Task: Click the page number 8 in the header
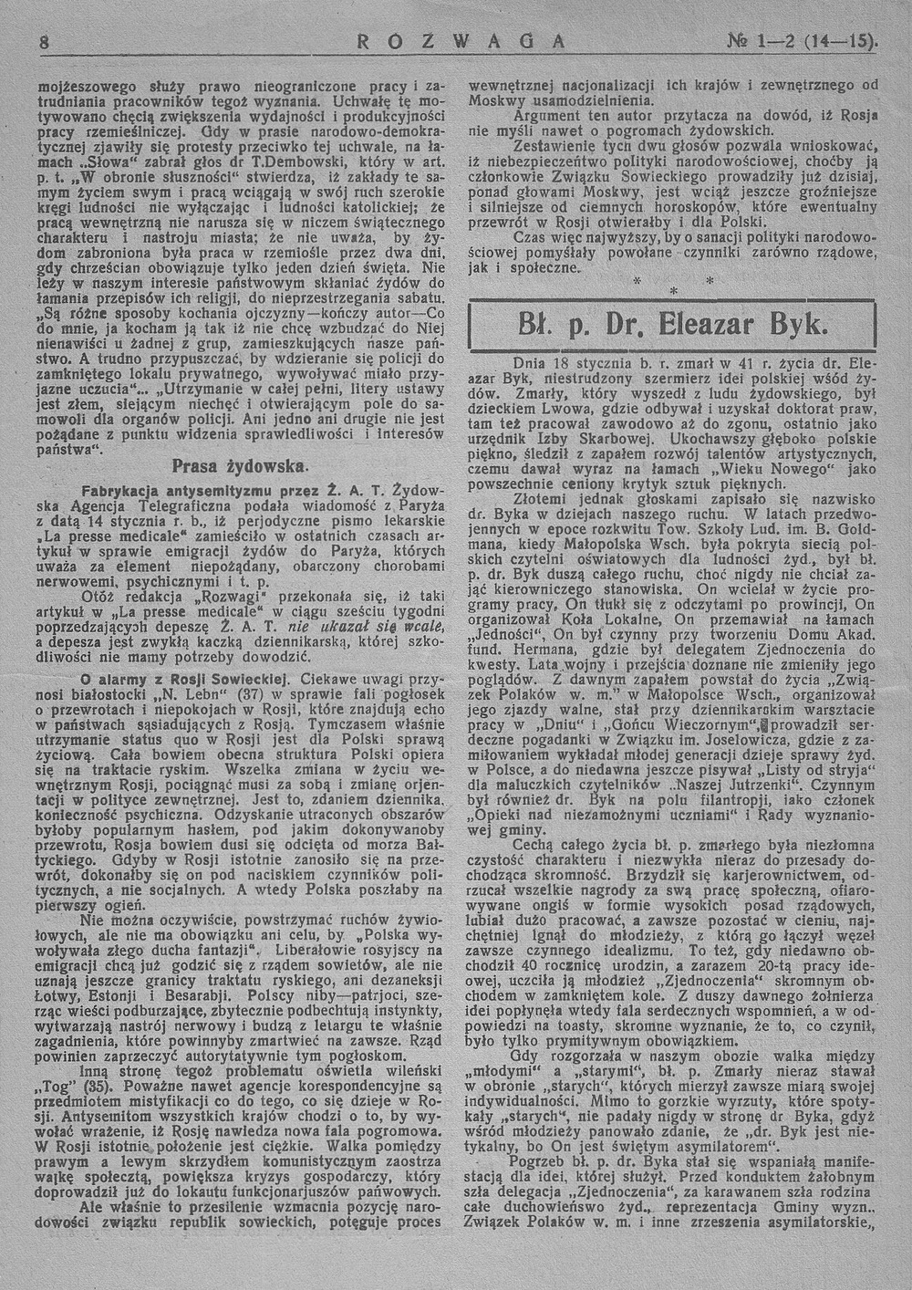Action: pyautogui.click(x=44, y=42)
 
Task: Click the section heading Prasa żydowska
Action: pyautogui.click(x=239, y=465)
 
